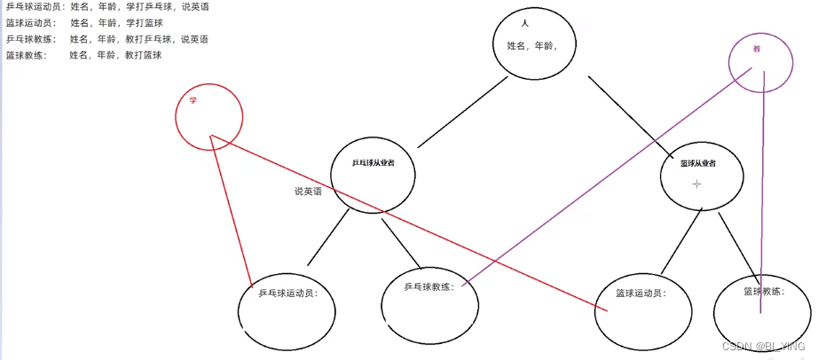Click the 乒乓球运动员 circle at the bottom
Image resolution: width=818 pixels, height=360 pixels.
[x=287, y=306]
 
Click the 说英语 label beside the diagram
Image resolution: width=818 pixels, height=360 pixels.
[x=309, y=192]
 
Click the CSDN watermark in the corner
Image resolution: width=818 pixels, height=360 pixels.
[x=764, y=348]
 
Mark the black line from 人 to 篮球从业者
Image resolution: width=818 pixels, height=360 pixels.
[x=629, y=113]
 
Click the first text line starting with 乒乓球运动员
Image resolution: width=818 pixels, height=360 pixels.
[x=106, y=7]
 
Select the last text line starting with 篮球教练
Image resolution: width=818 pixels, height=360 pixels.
[x=83, y=55]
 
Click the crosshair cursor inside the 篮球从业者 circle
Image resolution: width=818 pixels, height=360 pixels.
[x=697, y=184]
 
